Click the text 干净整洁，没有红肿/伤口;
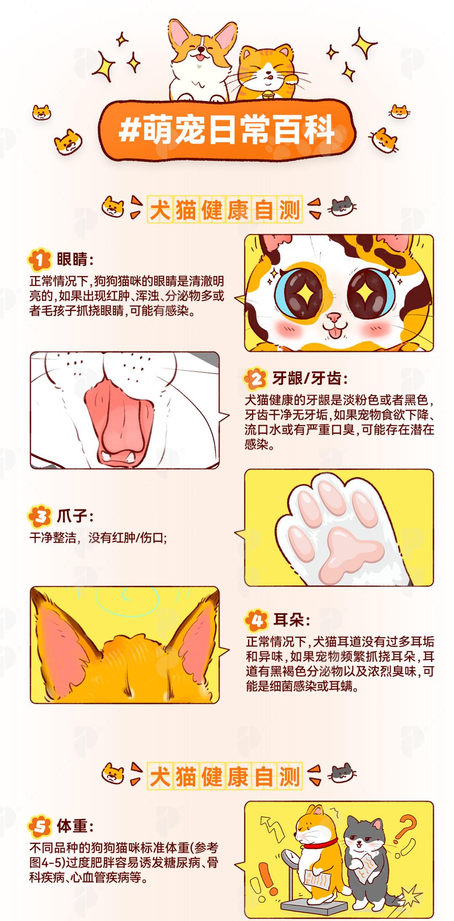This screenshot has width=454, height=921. point(98,538)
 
